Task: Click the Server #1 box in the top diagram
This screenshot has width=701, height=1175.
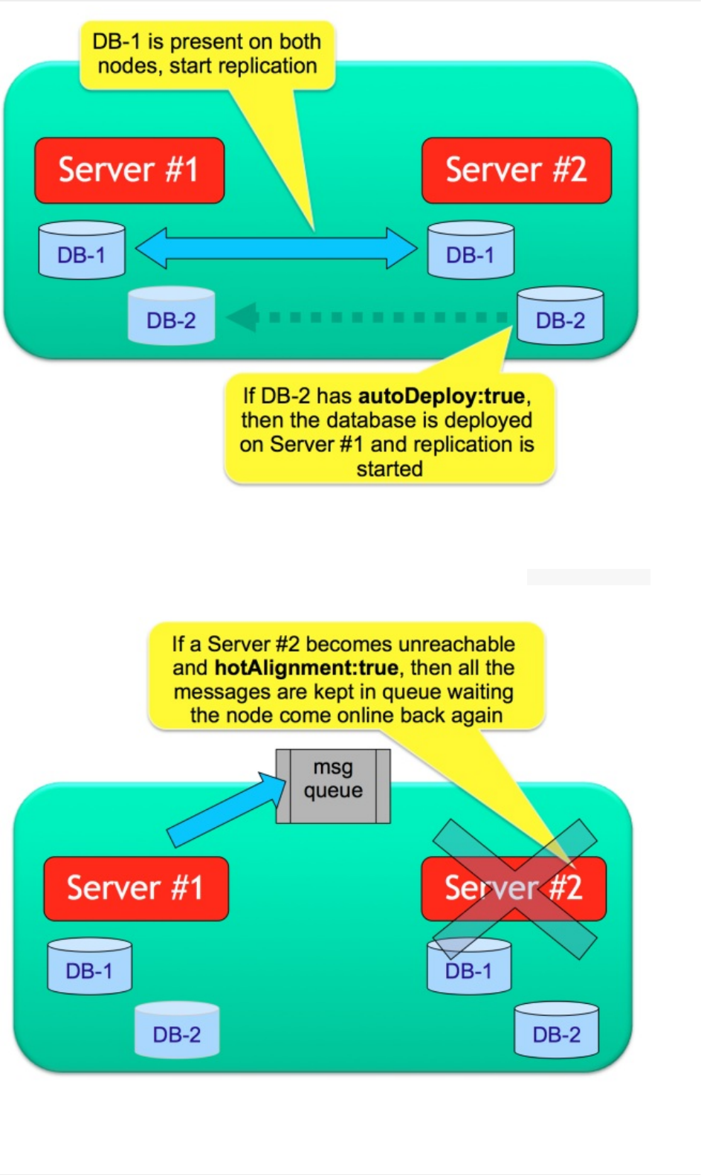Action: [x=129, y=170]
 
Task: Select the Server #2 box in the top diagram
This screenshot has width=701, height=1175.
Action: [x=516, y=170]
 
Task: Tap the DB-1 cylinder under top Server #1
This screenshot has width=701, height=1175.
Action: [x=82, y=251]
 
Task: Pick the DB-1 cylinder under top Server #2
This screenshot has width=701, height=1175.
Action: [x=471, y=251]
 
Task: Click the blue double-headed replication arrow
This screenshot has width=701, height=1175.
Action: [x=277, y=248]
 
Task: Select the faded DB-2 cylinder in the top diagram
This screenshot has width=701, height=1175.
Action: [x=171, y=316]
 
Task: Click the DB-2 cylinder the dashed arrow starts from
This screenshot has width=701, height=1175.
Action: [x=560, y=316]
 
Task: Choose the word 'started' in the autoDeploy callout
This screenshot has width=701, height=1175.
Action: [x=390, y=469]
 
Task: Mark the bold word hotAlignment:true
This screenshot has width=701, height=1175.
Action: [x=306, y=668]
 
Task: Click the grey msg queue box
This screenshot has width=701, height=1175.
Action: [x=333, y=786]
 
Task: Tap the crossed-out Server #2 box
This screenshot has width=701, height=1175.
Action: [x=514, y=889]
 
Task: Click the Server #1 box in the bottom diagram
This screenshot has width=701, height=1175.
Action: [x=136, y=889]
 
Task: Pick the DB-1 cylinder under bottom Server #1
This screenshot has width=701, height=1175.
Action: [x=89, y=966]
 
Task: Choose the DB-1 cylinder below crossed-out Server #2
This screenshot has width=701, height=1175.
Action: [x=469, y=968]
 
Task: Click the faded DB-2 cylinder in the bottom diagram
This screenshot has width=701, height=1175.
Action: [x=177, y=1030]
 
